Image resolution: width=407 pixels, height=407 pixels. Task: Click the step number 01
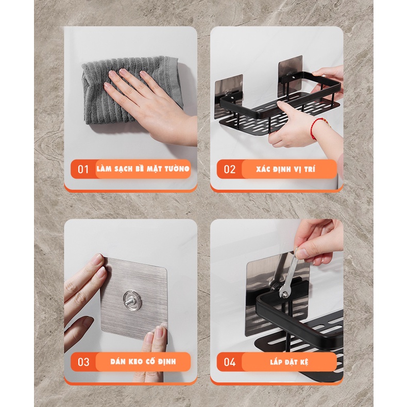point(83,169)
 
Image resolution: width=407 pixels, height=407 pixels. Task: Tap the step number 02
point(229,169)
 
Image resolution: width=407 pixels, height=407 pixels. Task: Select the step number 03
point(83,362)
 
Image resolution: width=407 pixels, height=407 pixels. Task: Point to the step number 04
point(230,362)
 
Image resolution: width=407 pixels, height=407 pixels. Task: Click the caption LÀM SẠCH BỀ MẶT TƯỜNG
point(143,169)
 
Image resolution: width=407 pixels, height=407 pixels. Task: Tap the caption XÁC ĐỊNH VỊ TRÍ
point(285,169)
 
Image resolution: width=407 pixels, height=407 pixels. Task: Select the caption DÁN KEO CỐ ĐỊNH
point(143,361)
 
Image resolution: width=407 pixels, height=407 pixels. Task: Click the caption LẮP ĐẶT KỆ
point(289,362)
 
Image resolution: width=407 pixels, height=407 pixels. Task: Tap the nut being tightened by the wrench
point(285,294)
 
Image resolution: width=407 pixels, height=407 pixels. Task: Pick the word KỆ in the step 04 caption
point(304,362)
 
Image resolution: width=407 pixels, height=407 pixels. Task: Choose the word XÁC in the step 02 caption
point(263,169)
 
